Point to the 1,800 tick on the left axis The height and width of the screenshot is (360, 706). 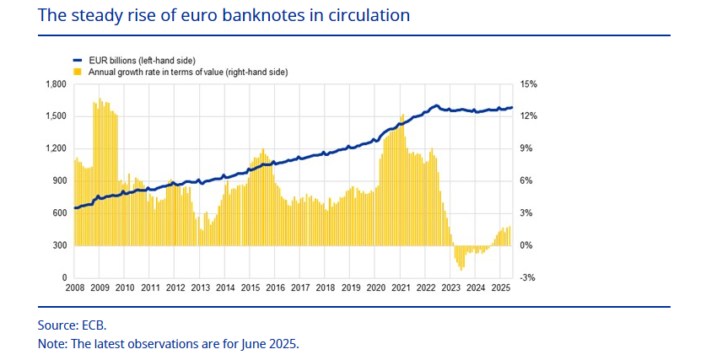(55, 84)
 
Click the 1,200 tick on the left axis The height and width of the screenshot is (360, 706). (55, 148)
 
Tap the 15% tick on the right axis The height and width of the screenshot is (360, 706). (529, 84)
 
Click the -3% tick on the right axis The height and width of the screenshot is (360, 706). (528, 277)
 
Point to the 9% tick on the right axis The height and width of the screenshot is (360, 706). (527, 148)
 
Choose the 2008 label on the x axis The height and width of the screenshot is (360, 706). (75, 288)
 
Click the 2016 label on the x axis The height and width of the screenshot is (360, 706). (275, 288)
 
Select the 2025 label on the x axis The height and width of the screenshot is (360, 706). (499, 288)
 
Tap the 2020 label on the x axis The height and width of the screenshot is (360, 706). (375, 288)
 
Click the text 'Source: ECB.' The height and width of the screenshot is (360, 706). (73, 325)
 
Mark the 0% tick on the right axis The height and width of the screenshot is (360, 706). (527, 245)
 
